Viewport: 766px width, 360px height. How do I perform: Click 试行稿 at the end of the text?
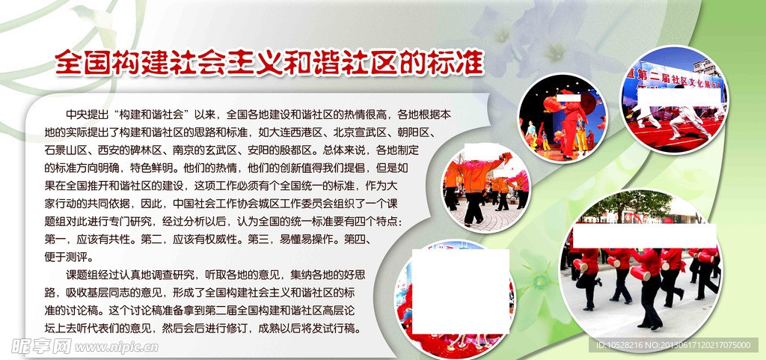coord(343,328)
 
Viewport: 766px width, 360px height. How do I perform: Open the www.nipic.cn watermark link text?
coord(116,347)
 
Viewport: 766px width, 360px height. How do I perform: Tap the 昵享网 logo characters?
coord(42,347)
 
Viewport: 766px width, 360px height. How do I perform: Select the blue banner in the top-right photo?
coord(674,78)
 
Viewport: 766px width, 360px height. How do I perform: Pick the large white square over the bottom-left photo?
coord(461,292)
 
